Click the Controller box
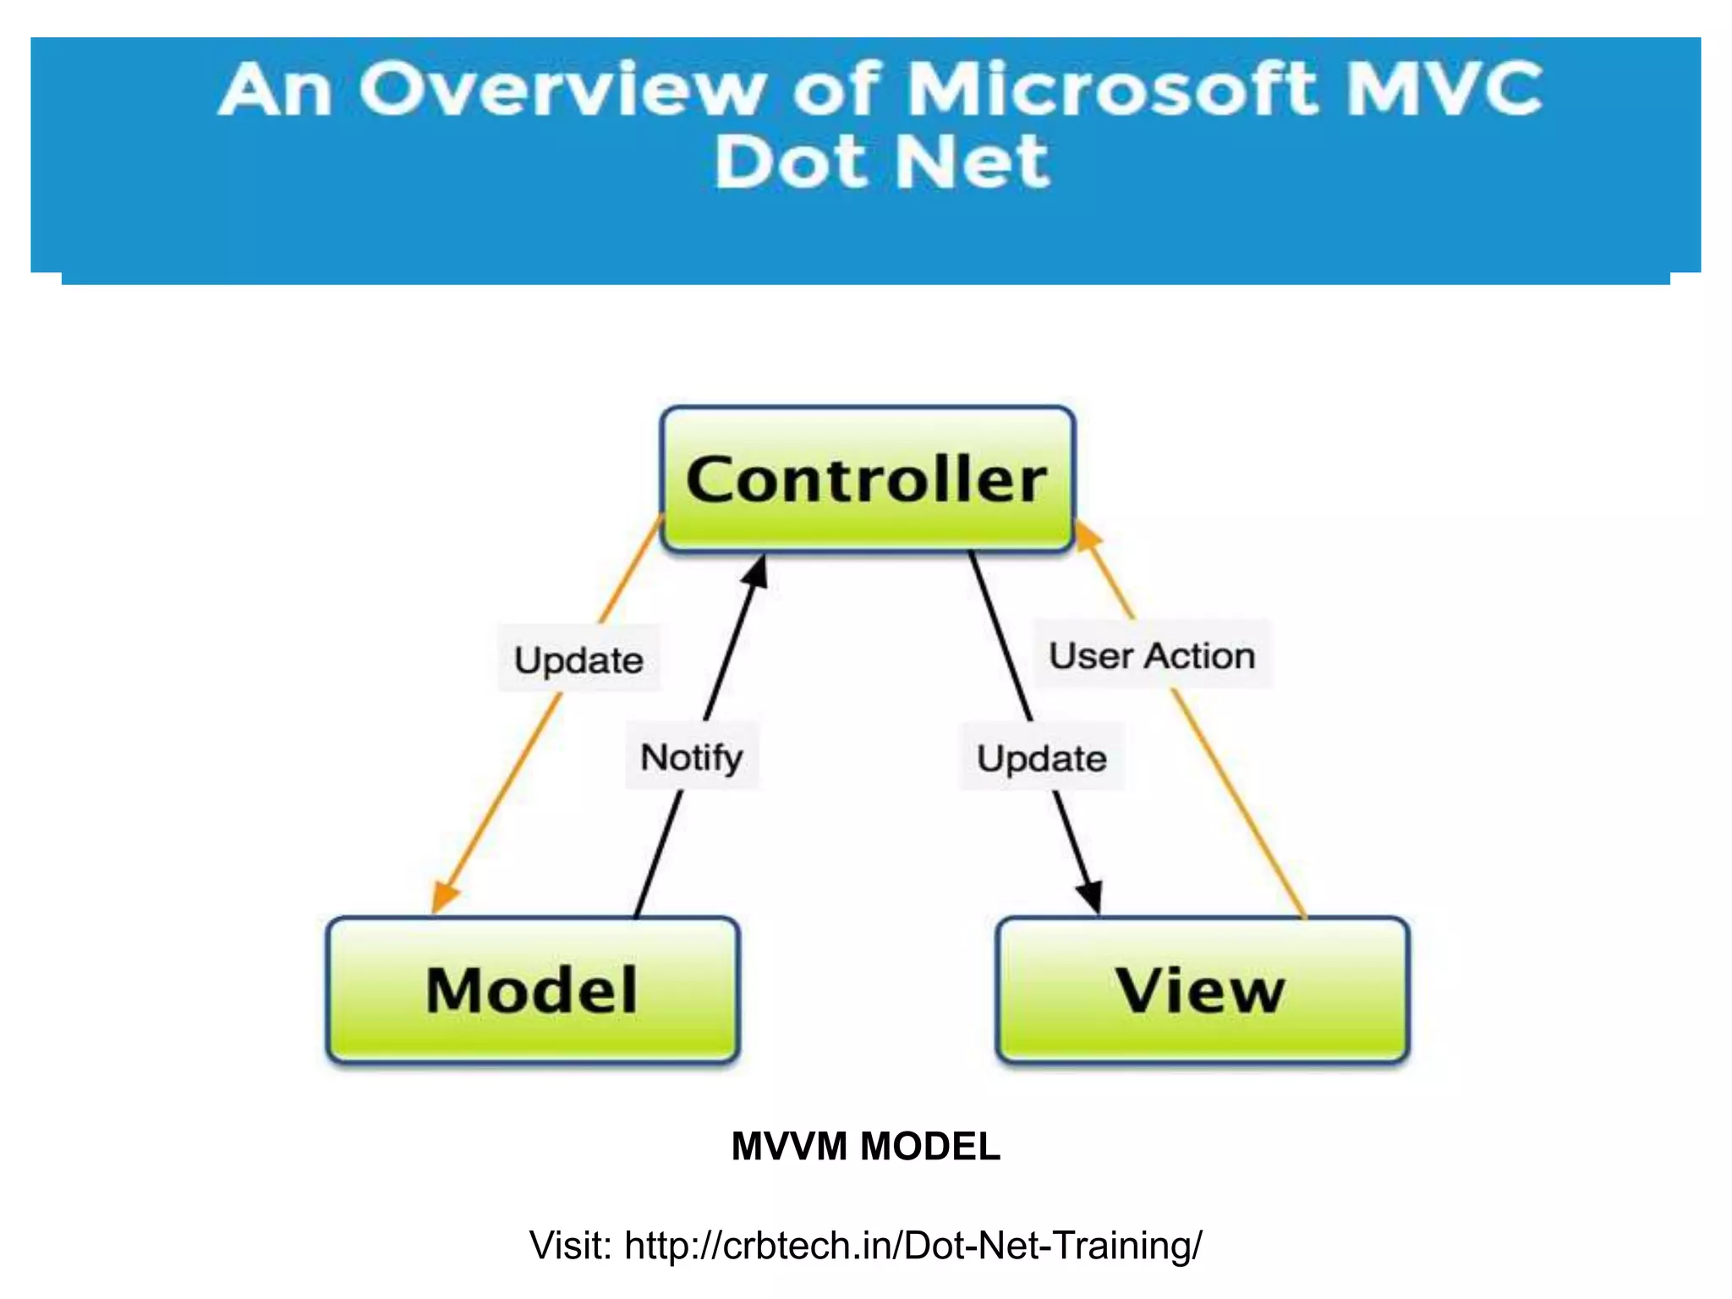[x=867, y=480]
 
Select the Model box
[x=533, y=989]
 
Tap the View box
[x=1202, y=989]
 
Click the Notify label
[x=692, y=756]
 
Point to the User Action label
[x=1152, y=655]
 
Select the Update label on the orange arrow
[x=578, y=660]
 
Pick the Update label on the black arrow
[x=1041, y=758]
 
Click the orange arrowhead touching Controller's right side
[x=1086, y=534]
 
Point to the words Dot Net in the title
[x=880, y=162]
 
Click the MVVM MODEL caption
[x=865, y=1147]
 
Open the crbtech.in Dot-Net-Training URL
[x=913, y=1245]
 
